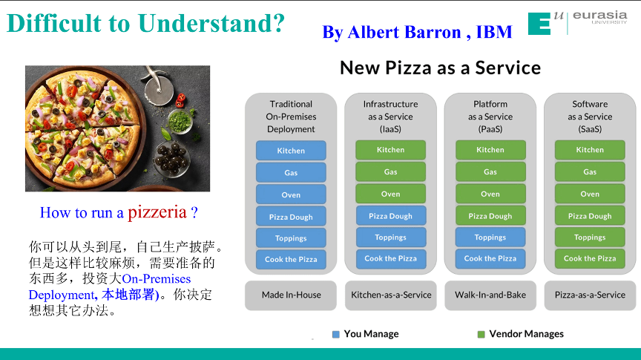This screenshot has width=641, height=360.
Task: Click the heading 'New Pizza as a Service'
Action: coord(440,68)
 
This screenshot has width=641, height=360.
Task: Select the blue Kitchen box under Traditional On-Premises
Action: coord(291,151)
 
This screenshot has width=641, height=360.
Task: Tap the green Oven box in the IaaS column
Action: coord(390,194)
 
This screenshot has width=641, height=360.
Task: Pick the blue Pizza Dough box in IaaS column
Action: coord(390,216)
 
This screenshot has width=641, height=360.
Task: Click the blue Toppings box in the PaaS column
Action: coord(490,238)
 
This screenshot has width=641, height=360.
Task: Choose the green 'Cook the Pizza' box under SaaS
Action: coord(590,259)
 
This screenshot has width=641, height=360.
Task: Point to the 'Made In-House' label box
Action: coord(291,295)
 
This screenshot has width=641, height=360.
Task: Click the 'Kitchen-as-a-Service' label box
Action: coord(391,295)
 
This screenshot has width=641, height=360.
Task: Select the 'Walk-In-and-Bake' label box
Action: coord(490,295)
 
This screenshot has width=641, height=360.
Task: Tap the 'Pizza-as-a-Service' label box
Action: coord(590,295)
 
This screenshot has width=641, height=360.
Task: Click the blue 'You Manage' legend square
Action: coord(336,334)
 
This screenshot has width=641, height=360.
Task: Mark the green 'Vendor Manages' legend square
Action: coord(481,334)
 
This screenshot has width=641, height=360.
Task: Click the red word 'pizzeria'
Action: coord(157,212)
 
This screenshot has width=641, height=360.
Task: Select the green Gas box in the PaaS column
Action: coord(490,172)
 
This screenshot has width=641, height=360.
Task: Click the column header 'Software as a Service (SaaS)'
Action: coord(590,117)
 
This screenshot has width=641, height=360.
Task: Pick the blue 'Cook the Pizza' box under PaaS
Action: coord(490,259)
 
